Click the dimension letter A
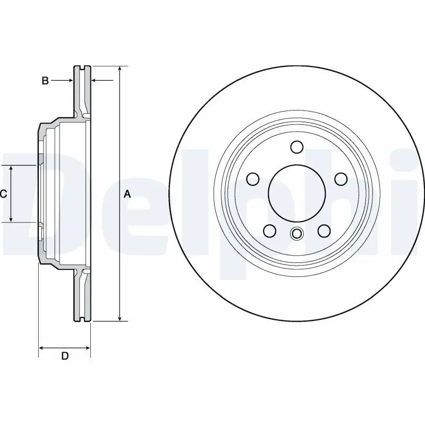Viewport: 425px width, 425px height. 127,194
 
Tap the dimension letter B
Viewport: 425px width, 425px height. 46,81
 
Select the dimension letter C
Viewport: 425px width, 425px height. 3,194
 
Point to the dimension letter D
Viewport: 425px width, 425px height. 65,356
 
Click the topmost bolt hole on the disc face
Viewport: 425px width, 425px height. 296,147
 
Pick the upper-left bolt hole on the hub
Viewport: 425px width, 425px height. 253,179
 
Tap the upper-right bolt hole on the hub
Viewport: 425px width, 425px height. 341,179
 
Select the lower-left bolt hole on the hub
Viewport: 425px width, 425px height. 270,231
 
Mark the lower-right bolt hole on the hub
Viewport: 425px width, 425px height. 324,231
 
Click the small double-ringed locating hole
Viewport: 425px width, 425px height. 296,233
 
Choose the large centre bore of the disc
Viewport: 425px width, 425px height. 296,193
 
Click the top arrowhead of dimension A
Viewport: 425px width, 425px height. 120,70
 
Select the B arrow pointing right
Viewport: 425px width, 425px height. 70,81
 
